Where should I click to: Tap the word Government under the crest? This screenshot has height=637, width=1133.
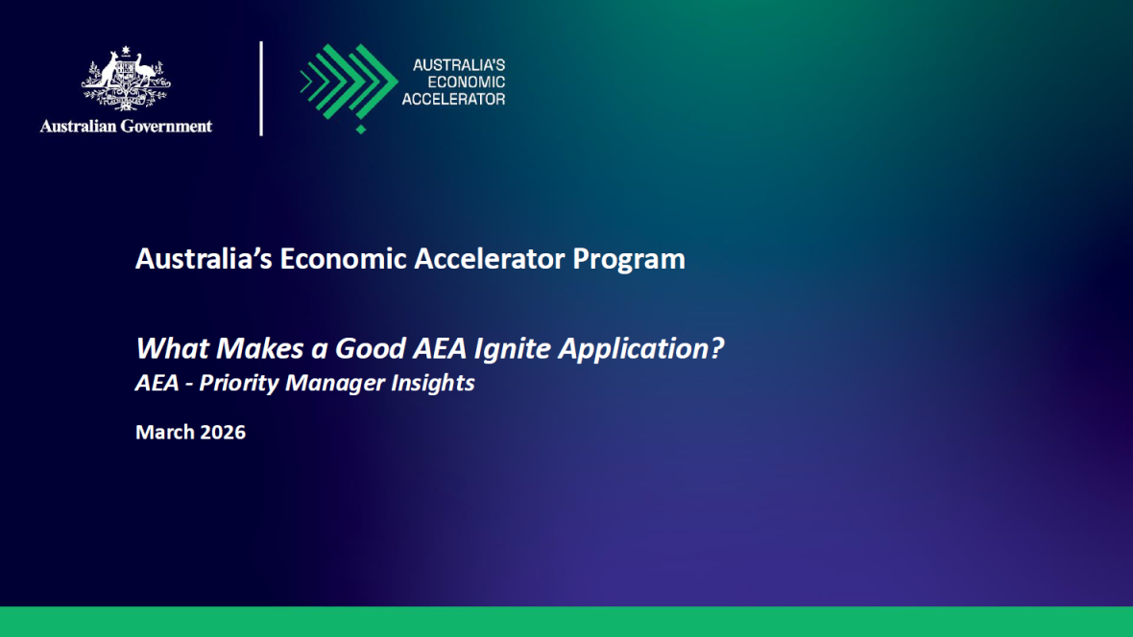167,126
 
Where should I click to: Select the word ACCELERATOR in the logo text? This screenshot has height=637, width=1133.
453,99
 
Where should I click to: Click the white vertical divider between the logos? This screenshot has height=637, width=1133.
261,88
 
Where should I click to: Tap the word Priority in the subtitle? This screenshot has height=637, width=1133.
236,384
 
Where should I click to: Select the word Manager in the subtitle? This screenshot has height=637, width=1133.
331,384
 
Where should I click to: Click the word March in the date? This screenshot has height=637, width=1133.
164,433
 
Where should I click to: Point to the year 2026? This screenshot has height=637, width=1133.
223,433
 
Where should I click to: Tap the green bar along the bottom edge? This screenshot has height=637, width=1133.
566,622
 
